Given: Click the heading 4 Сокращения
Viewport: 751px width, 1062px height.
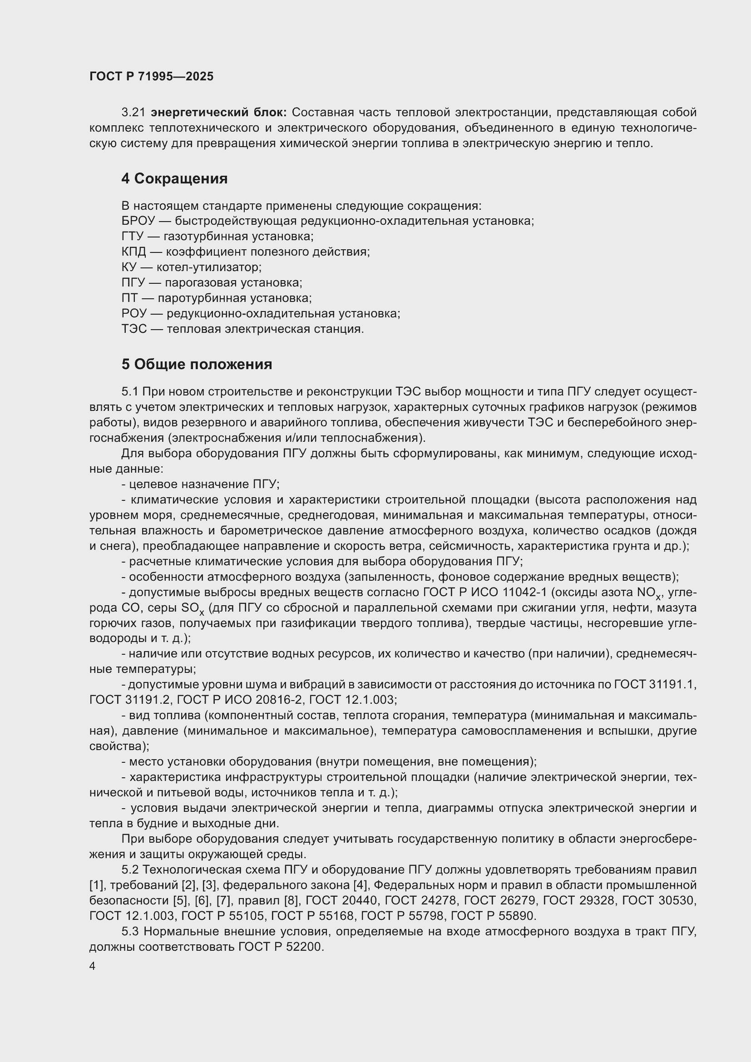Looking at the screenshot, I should pos(174,179).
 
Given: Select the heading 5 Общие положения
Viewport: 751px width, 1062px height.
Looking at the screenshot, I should pos(197,365).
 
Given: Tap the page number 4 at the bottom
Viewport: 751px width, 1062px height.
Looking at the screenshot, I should pos(93,966).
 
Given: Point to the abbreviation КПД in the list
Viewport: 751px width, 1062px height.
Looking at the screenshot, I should pos(133,252).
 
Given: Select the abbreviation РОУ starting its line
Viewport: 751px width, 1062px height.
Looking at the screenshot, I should pos(134,314).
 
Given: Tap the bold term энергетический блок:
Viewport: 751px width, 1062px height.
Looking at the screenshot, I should pos(219,113).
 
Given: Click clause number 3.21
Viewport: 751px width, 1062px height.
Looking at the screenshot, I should pos(133,113).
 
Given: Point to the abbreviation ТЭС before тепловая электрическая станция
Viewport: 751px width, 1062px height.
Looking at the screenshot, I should pos(134,329).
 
